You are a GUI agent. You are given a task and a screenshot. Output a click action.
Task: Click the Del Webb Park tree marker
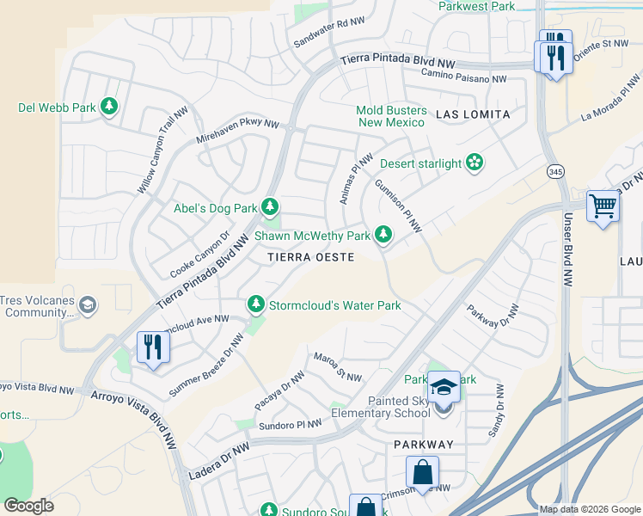108,107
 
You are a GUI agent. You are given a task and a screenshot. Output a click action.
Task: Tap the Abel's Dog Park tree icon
270,207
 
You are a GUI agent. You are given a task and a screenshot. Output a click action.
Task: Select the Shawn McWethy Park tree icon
383,235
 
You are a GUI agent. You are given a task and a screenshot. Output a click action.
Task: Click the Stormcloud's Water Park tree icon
255,304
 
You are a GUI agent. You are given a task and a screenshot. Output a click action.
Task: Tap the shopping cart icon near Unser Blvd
603,206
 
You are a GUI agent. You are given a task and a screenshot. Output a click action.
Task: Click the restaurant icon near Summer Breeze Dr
153,347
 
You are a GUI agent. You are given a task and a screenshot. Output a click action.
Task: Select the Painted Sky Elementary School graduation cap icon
444,387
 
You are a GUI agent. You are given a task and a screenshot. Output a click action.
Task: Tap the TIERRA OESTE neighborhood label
310,257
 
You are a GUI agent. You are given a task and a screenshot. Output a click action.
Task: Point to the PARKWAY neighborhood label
423,444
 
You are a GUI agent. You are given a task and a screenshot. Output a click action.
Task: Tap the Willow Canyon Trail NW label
163,150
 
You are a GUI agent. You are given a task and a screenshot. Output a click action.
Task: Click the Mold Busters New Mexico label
392,116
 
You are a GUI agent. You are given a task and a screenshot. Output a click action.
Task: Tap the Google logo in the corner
28,506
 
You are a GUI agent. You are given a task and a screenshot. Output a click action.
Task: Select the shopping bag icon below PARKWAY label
422,472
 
